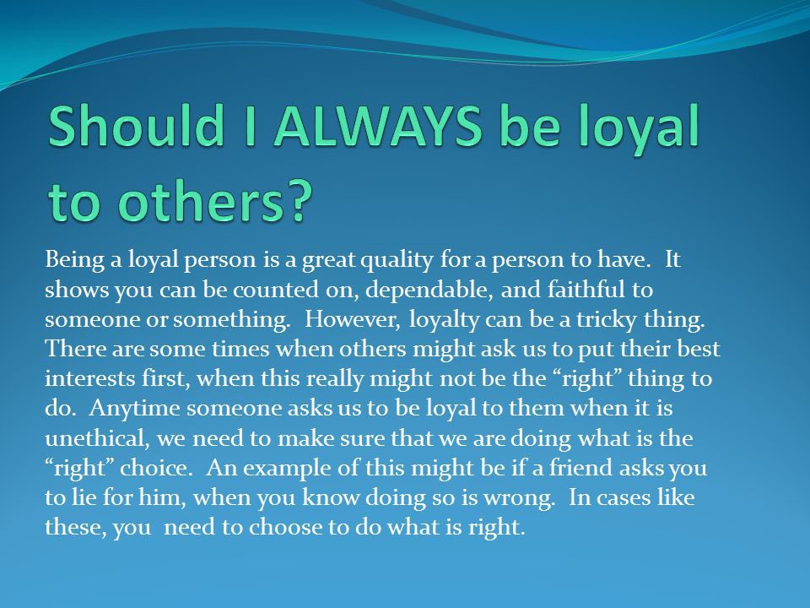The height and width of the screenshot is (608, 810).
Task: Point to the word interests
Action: (89, 379)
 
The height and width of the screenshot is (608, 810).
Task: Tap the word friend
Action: (577, 468)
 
